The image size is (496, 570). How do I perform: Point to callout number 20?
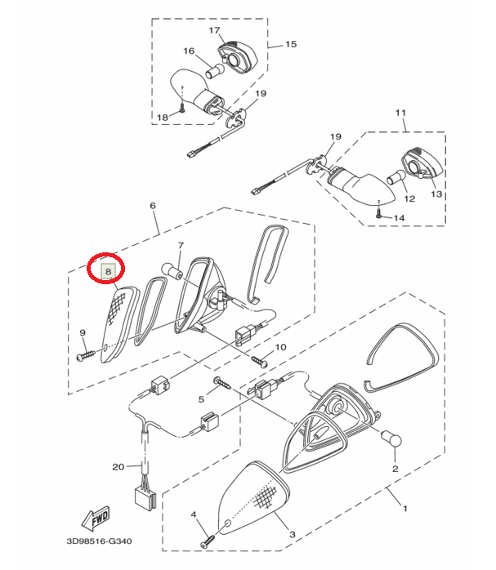coord(118,467)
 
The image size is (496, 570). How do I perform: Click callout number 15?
coord(291,45)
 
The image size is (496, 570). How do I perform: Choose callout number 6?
coord(153,207)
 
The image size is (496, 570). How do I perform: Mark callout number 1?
coord(404,507)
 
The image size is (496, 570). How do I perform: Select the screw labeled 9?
coord(85,356)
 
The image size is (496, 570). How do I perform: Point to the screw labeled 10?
coord(262,358)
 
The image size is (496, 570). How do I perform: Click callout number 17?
coord(215,31)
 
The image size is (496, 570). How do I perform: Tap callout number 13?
coord(435,195)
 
